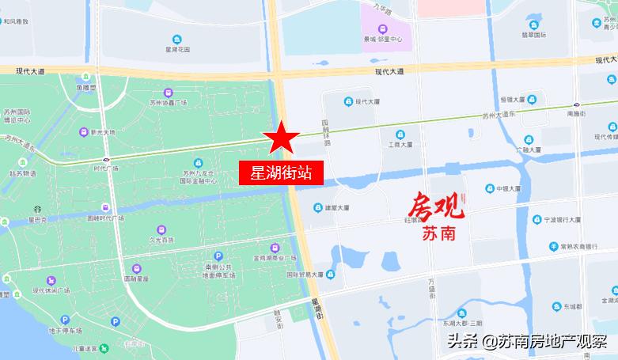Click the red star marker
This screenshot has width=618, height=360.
(281, 138)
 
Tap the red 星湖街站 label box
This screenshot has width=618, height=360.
(281, 173)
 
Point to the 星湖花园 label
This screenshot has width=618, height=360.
(177, 48)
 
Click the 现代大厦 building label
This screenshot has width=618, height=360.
(368, 101)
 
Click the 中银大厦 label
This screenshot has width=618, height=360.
(506, 188)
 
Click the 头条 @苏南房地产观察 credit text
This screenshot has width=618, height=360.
(526, 342)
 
